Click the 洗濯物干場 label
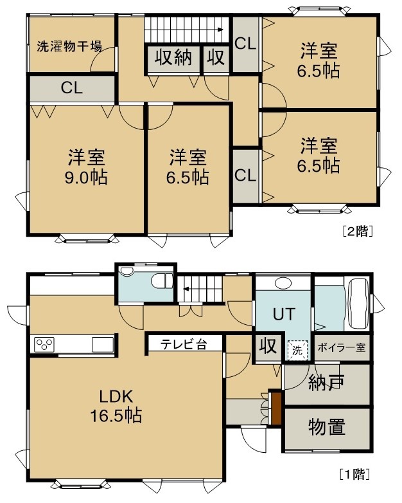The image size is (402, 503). coord(69,46)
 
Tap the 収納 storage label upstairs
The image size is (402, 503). coord(173,58)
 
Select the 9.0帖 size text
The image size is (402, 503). coord(86,178)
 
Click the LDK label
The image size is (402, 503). coord(116,397)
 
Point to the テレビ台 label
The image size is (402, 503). coord(184,344)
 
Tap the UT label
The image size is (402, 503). coord(283,315)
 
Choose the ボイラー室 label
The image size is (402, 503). coord(342,347)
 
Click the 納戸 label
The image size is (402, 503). coord(326,382)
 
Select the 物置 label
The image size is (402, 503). coord(327,427)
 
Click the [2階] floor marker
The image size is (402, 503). coord(358,231)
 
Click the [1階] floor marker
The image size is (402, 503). coord(354,474)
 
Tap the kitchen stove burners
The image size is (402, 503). coord(44,345)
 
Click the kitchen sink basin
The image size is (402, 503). coord(103,345)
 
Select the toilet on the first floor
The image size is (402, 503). coord(162,281)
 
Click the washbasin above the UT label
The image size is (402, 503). coord(283,283)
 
